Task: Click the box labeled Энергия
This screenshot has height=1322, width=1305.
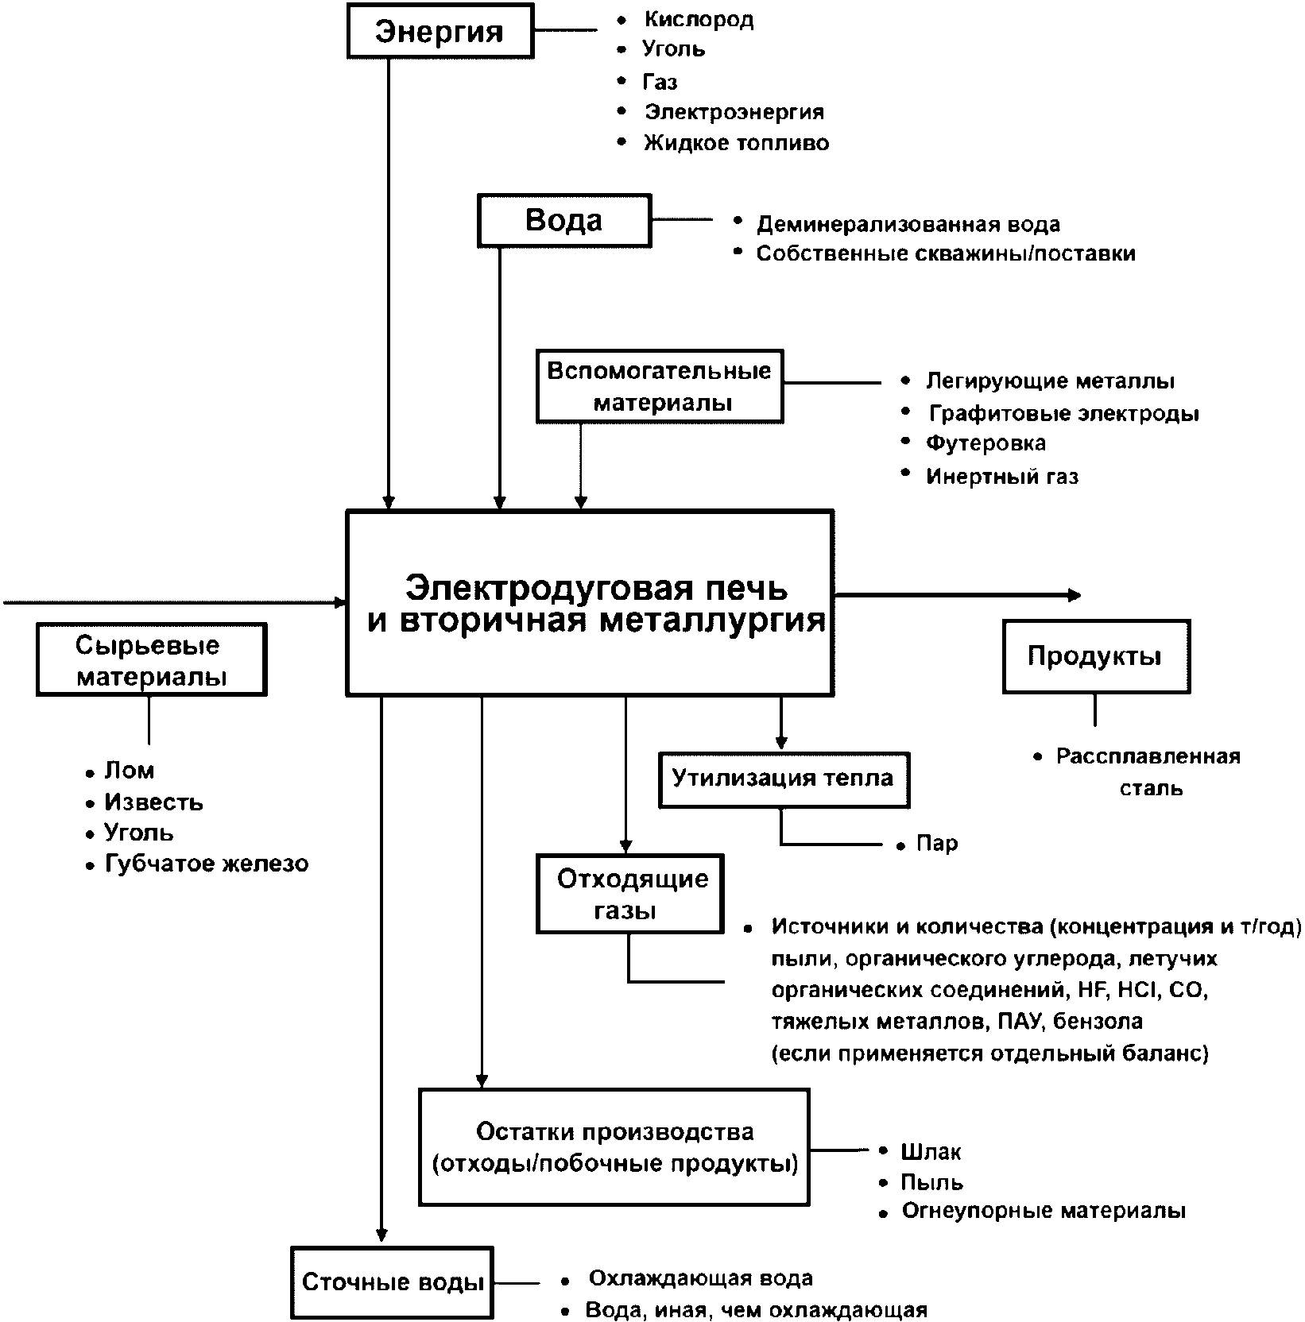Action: (440, 32)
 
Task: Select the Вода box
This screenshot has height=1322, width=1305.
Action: (564, 220)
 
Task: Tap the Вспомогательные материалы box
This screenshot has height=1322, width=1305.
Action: (660, 386)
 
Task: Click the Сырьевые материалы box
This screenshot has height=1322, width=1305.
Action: (151, 659)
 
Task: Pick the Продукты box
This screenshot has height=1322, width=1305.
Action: (1096, 656)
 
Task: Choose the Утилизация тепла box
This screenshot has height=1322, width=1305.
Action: (784, 779)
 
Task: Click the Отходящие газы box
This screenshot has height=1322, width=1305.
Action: (630, 894)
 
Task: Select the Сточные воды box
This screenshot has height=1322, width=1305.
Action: (393, 1282)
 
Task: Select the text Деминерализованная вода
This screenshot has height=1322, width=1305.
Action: (908, 225)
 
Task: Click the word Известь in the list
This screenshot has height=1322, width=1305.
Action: (153, 802)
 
